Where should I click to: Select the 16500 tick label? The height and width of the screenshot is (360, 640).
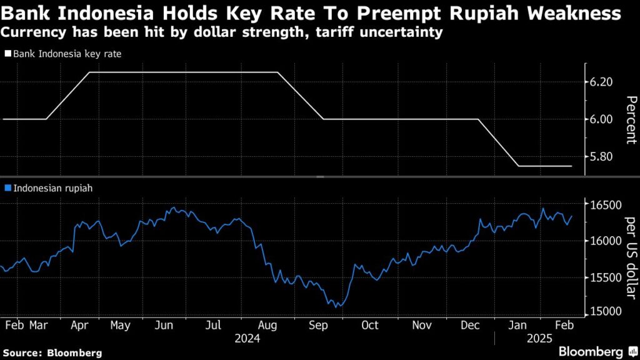606,205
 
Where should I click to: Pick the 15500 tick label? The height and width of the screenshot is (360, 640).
606,277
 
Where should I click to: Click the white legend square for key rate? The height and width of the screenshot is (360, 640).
7,54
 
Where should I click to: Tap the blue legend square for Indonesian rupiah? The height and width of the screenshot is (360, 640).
7,187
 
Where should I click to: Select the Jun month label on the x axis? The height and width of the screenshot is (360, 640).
164,326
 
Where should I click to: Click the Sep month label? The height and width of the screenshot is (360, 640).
319,326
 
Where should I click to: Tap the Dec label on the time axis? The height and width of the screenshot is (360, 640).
469,326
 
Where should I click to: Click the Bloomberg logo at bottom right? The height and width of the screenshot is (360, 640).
591,352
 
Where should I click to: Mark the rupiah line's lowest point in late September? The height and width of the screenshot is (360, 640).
336,307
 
